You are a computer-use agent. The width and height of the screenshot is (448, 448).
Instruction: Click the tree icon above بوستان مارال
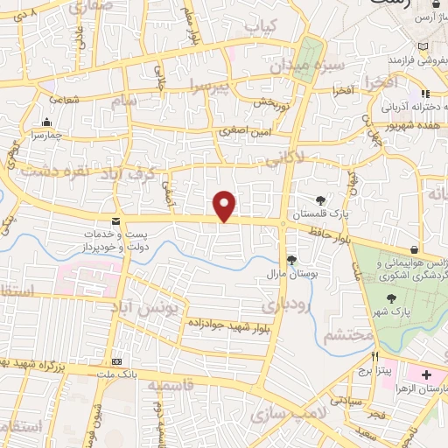291,260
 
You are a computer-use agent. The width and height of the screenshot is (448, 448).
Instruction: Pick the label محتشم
348,335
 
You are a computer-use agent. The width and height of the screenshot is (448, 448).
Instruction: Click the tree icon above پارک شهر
391,298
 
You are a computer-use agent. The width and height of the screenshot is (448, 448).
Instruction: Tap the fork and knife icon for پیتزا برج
374,356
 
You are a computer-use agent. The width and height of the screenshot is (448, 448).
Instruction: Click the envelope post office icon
115,222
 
